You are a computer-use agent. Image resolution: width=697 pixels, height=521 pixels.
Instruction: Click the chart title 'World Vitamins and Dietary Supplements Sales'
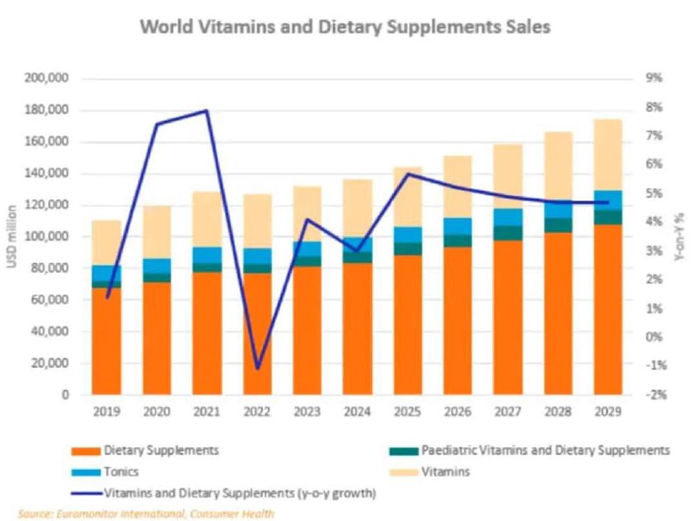pos(345,27)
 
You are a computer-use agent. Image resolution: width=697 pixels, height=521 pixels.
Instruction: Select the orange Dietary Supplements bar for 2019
pos(106,341)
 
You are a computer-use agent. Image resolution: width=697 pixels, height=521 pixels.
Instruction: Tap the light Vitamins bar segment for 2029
pos(608,155)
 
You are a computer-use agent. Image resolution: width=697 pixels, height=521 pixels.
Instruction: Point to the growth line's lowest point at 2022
pos(258,369)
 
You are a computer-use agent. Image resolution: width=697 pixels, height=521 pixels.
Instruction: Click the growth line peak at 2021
pos(206,111)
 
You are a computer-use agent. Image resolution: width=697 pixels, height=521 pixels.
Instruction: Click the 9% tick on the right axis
pos(654,78)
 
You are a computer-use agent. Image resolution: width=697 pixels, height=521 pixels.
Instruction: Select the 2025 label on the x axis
pos(407,411)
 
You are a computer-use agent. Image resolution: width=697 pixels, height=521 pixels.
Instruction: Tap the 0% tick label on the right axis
pos(654,337)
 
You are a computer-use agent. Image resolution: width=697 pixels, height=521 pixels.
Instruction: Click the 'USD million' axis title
pos(12,236)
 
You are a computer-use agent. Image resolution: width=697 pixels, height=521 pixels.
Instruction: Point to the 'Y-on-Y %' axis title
pos(679,237)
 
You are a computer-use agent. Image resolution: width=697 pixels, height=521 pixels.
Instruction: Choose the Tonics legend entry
pos(105,471)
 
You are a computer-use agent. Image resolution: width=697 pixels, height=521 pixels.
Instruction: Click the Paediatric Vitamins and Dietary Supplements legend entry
pos(529,450)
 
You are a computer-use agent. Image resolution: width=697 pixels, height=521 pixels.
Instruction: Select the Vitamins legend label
pos(445,471)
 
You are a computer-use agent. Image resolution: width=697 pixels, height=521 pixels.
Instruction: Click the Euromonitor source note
pos(145,514)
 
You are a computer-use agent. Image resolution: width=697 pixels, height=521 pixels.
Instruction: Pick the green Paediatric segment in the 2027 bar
pos(508,233)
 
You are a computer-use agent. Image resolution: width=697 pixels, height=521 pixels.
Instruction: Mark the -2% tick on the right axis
pos(654,395)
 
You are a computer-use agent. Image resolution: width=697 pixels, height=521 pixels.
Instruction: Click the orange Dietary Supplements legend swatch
pos(85,451)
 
